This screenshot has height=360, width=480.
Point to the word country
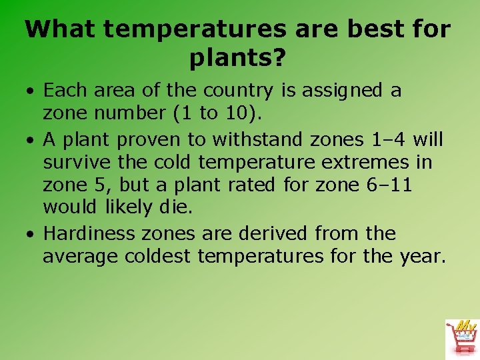238,91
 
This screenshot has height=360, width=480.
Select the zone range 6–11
389,185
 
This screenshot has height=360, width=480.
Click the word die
175,207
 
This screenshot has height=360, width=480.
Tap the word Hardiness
89,234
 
